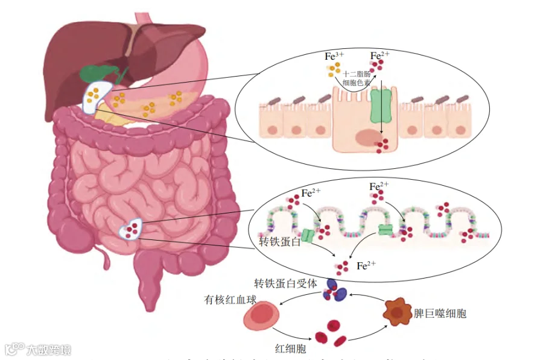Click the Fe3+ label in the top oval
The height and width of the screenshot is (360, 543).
coord(334,56)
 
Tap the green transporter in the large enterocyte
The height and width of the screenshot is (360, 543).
coord(381,108)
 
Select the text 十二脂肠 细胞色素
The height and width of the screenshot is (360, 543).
coord(357,78)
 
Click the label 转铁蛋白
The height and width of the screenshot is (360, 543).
coord(279,242)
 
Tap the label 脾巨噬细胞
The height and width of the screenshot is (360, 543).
coord(440,314)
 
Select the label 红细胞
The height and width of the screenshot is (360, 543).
coord(290,349)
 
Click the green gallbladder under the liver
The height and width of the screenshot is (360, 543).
coord(97,74)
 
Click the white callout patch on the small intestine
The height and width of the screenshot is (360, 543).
coord(131,229)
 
